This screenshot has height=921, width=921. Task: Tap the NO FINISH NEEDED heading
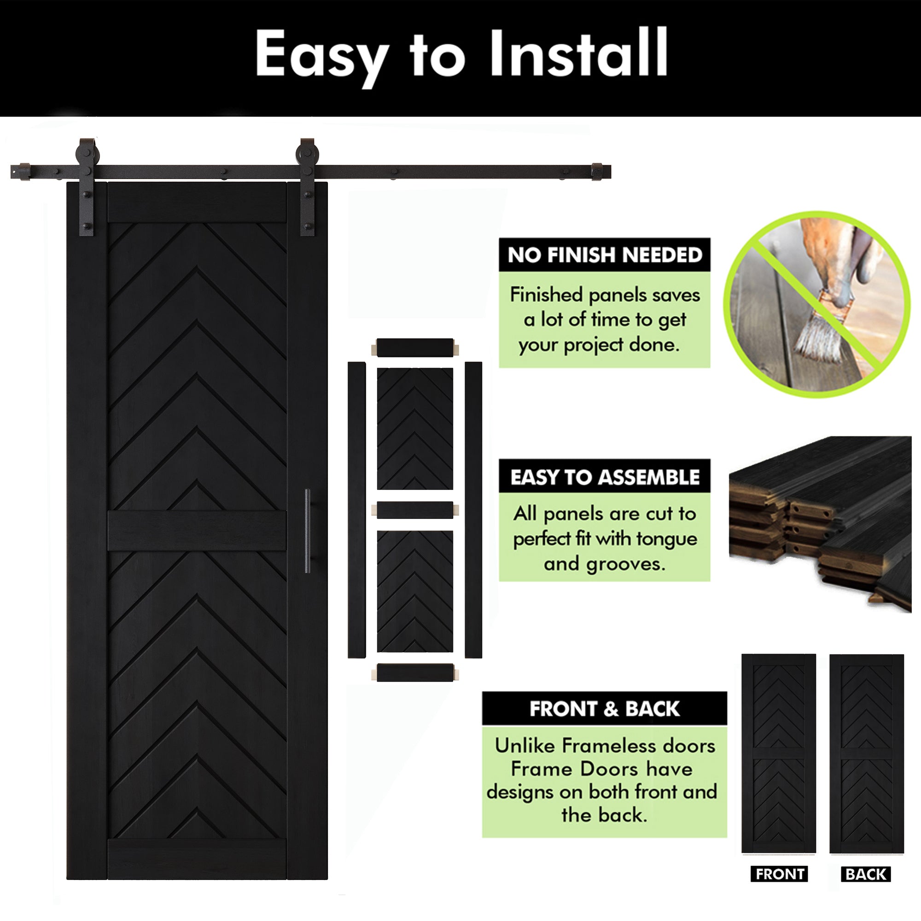(605, 255)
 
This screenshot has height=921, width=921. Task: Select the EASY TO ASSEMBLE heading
(605, 477)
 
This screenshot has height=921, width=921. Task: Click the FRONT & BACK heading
(605, 709)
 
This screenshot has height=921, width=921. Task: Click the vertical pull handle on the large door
(308, 531)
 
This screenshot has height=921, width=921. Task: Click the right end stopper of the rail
(601, 172)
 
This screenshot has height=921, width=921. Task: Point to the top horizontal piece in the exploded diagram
(415, 348)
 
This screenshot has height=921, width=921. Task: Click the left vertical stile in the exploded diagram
(356, 510)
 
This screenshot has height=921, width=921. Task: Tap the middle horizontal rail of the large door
(197, 531)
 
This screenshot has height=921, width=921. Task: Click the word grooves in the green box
(625, 565)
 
